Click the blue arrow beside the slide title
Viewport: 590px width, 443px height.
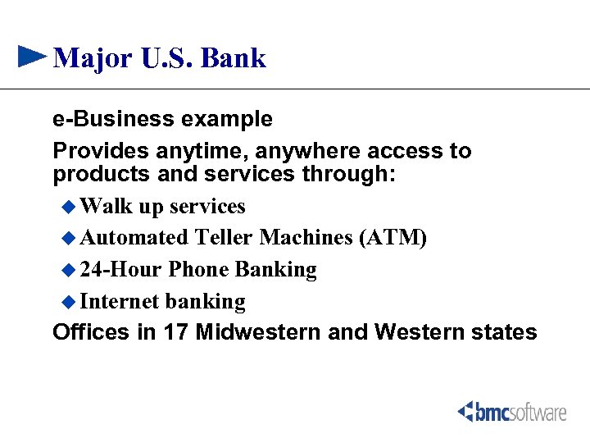click(x=32, y=57)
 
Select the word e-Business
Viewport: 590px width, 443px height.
click(x=114, y=119)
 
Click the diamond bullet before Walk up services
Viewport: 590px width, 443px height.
click(x=70, y=206)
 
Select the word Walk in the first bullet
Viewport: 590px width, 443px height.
click(x=108, y=206)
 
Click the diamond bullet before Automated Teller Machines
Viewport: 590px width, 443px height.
click(x=70, y=238)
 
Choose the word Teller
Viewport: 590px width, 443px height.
click(x=224, y=238)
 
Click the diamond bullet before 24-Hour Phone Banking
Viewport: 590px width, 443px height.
click(x=70, y=270)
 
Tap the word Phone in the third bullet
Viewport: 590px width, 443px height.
click(x=198, y=270)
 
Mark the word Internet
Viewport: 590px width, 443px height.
click(x=120, y=302)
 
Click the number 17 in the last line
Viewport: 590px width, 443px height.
click(x=178, y=332)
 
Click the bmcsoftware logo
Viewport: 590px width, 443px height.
click(x=512, y=411)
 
